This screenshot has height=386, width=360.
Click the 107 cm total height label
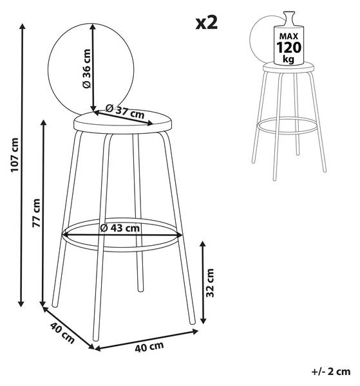tap(15, 155)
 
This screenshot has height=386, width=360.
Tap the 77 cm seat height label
tap(36, 213)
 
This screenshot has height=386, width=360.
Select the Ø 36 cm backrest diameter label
tap(87, 69)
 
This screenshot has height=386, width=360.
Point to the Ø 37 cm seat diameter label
tap(125, 111)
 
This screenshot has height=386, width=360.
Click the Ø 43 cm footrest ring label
tap(120, 228)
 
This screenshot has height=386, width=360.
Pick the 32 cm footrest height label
tap(210, 283)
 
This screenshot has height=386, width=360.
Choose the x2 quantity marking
tap(207, 23)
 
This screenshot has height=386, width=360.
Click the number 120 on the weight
tap(289, 48)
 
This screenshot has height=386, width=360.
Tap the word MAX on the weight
tap(289, 37)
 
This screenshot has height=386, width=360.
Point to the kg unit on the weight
tap(289, 59)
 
